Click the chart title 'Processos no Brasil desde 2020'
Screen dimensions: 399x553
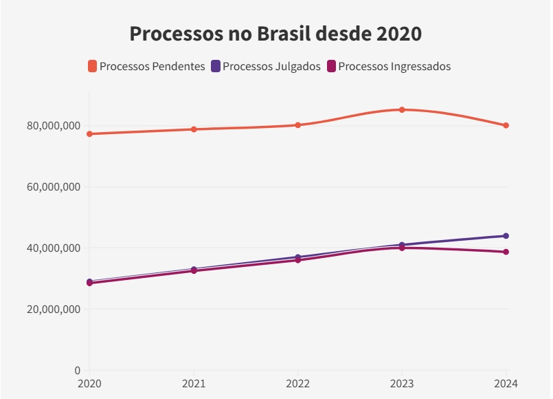275,34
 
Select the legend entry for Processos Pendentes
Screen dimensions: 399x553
146,67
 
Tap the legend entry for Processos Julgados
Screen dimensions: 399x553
266,67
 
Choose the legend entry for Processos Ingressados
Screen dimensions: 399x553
389,67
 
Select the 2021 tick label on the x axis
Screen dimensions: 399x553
194,383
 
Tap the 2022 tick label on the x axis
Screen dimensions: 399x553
297,383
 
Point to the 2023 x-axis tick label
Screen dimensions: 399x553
402,383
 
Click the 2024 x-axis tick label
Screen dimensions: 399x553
505,383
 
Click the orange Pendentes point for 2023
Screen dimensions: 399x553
402,109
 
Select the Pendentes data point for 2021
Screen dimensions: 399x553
194,129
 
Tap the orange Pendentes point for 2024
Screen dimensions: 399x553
506,125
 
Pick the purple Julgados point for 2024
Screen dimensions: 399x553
506,236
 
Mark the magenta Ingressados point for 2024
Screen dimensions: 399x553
506,252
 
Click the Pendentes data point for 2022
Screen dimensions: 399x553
297,125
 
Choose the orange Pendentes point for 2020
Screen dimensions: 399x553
89,134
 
